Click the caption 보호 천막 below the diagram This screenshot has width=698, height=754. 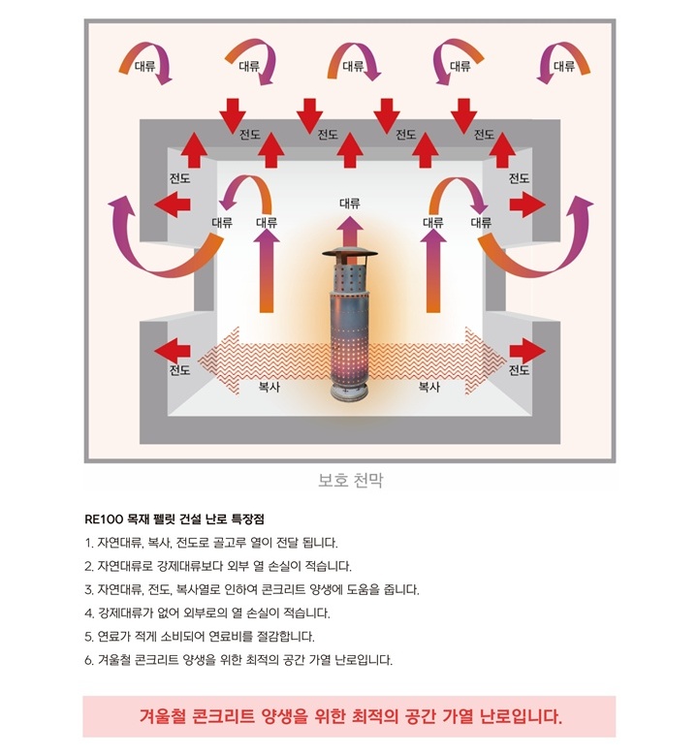tap(350, 480)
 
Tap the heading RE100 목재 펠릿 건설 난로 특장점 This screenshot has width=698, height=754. tap(174, 518)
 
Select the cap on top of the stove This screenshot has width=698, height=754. tap(350, 255)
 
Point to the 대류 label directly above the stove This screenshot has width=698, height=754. tap(350, 204)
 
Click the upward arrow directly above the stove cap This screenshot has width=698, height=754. tap(350, 233)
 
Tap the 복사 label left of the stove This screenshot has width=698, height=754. tap(269, 386)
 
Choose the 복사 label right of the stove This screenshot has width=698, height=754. tap(428, 386)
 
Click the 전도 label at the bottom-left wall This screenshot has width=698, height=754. tap(179, 370)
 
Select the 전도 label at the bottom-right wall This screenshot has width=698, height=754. tap(519, 370)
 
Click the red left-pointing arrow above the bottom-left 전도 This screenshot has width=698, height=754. tap(172, 350)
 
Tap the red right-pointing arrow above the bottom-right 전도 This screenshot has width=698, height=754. tap(527, 351)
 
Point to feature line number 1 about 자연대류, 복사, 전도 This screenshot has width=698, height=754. tap(211, 543)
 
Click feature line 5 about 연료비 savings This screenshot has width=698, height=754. tap(200, 636)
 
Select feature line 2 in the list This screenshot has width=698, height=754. tap(218, 566)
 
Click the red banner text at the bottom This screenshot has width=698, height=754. tap(350, 716)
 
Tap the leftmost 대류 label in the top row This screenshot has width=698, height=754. tap(144, 66)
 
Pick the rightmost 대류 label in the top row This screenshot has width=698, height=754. tap(564, 66)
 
